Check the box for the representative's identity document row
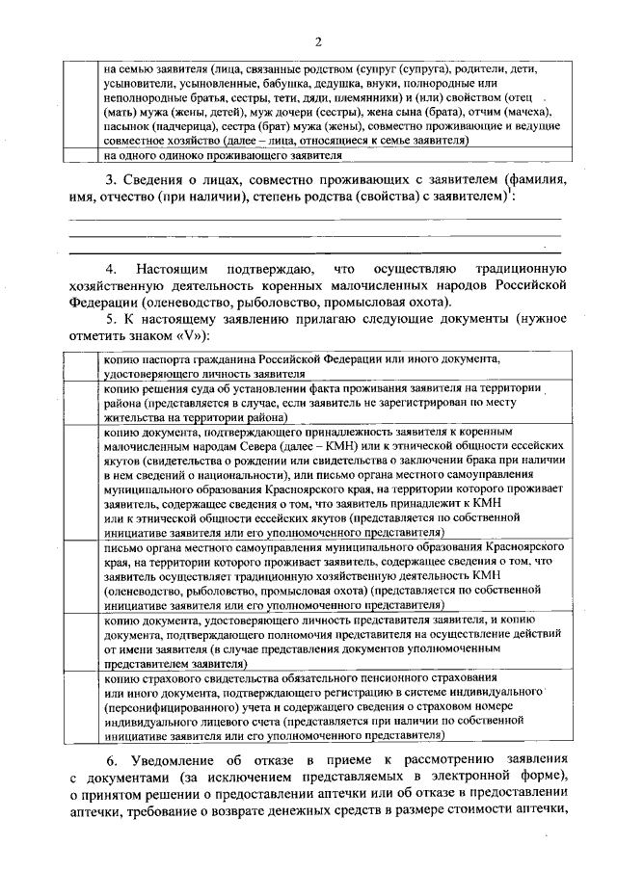click(84, 644)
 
